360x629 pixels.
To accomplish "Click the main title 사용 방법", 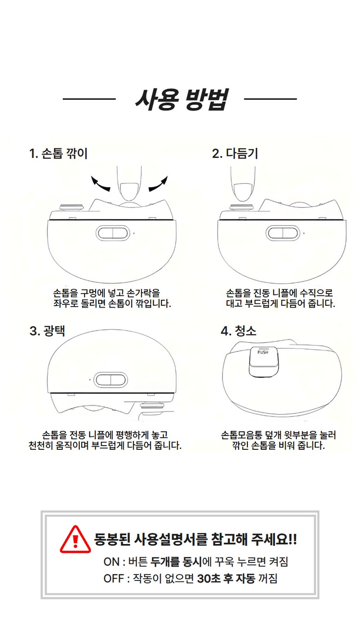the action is pyautogui.click(x=182, y=99).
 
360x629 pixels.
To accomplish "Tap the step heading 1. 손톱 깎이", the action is pyautogui.click(x=59, y=154).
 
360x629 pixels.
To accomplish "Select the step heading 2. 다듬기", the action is pyautogui.click(x=235, y=154).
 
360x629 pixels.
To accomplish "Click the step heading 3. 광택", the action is pyautogui.click(x=48, y=331).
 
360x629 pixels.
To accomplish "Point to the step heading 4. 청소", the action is pyautogui.click(x=239, y=331).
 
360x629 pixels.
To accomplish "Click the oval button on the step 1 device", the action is pyautogui.click(x=113, y=233).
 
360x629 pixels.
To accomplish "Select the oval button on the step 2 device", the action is pyautogui.click(x=283, y=233).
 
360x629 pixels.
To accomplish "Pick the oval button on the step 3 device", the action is pyautogui.click(x=111, y=380).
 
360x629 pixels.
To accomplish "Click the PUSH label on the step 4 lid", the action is pyautogui.click(x=263, y=352).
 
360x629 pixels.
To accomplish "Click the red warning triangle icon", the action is pyautogui.click(x=75, y=540).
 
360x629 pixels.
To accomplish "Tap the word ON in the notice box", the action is pyautogui.click(x=111, y=562).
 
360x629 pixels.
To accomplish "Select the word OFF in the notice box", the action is pyautogui.click(x=114, y=579).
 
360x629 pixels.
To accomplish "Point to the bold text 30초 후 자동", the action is pyautogui.click(x=226, y=579).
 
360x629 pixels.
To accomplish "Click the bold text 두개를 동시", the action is pyautogui.click(x=176, y=562).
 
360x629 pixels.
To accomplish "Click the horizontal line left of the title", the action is pyautogui.click(x=89, y=99).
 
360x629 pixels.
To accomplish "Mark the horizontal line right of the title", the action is pyautogui.click(x=270, y=99).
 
